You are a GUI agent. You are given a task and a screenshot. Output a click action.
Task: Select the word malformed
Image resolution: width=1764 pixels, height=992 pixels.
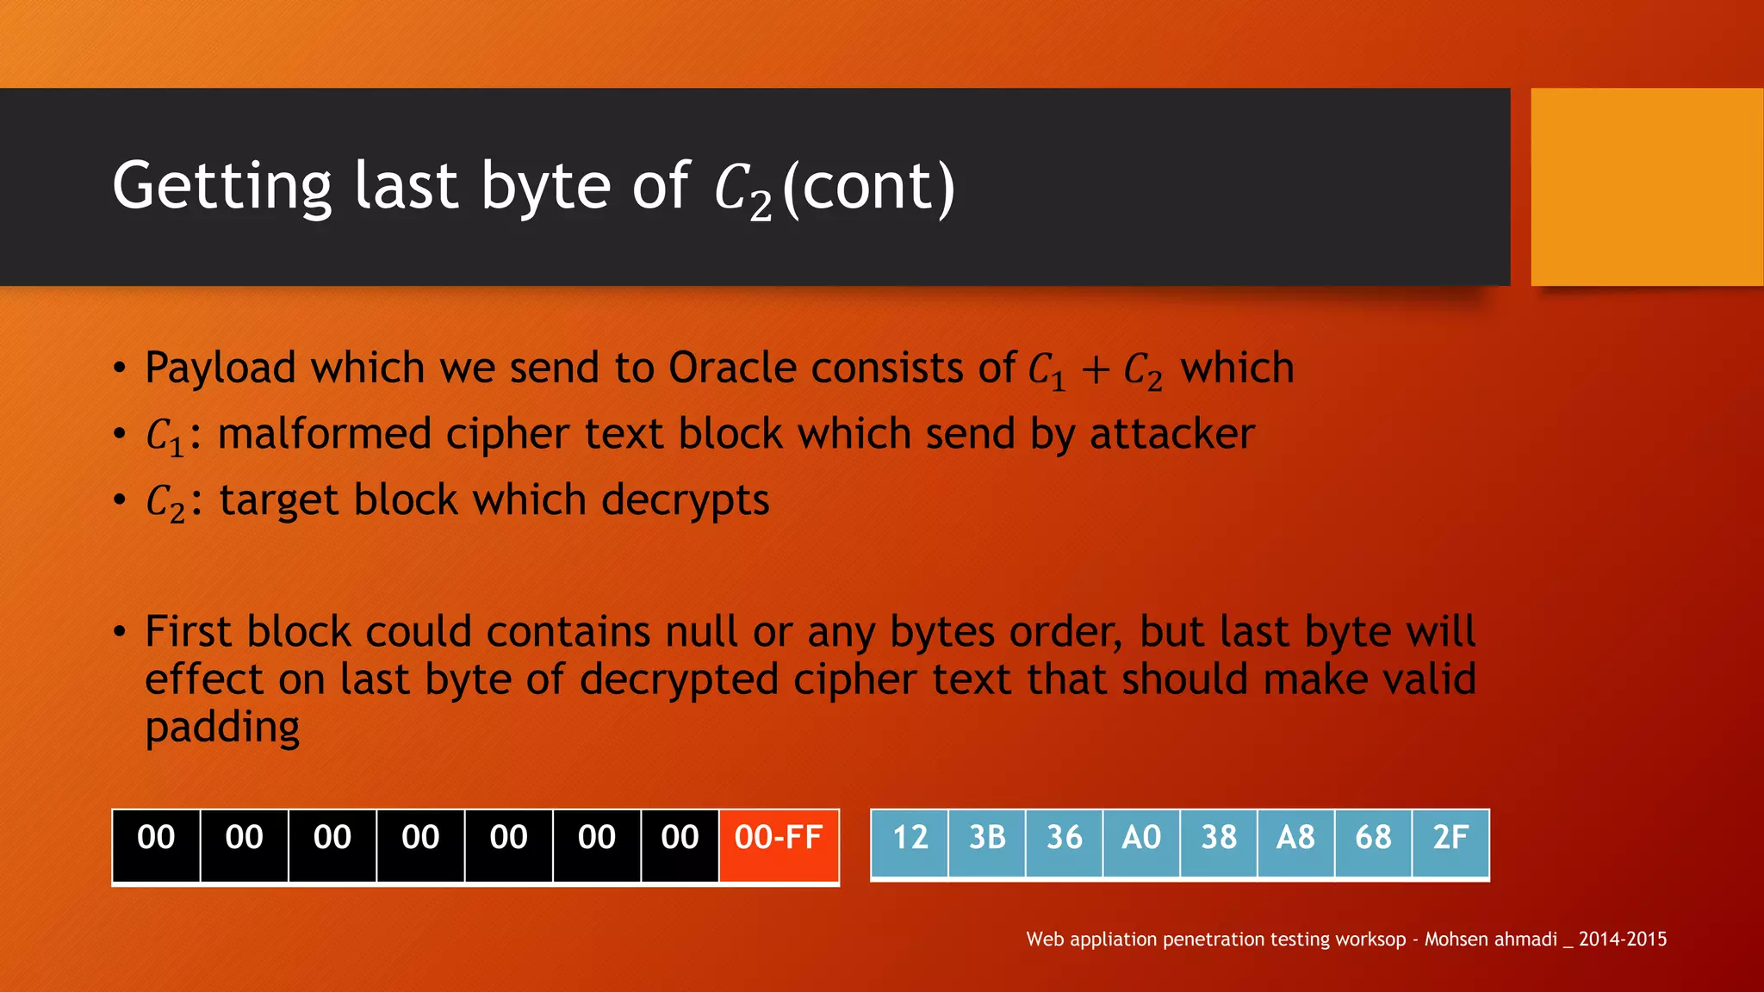[x=324, y=434]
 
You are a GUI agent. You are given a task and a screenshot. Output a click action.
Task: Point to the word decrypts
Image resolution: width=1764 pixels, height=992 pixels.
[x=685, y=501]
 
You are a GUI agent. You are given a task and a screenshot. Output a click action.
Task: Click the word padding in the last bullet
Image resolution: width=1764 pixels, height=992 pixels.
[x=222, y=728]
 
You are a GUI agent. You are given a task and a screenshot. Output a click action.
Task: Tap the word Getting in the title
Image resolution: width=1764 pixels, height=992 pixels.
[x=222, y=188]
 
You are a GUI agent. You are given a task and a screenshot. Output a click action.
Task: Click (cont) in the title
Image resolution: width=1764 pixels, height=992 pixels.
[x=868, y=188]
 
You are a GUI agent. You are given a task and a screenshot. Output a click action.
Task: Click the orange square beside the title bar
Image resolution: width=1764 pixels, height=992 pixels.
[x=1646, y=187]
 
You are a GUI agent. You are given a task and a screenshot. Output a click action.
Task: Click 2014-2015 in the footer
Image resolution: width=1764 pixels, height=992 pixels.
[x=1622, y=939]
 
